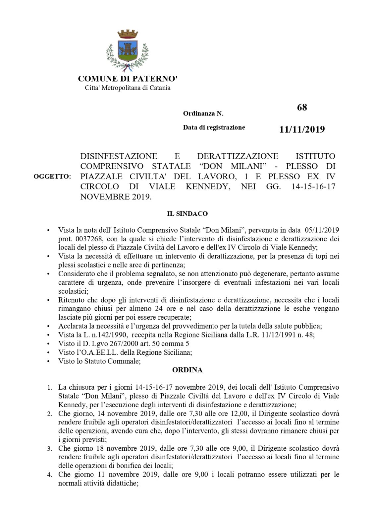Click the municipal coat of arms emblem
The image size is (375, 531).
point(128,50)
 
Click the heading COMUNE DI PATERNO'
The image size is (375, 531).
point(128,79)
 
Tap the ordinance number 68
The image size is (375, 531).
point(302,108)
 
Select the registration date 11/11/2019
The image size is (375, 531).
point(302,129)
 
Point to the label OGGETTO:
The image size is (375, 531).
point(52,177)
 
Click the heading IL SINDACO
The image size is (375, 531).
point(187,214)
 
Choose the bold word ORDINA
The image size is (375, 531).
point(187,370)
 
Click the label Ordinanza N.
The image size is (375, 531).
point(203,114)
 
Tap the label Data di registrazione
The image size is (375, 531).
point(214,127)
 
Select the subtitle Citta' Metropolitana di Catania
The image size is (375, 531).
point(128,88)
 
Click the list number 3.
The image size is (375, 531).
point(49,449)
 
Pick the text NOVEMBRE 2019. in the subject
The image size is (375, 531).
point(116,197)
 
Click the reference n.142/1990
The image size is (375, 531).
point(104,335)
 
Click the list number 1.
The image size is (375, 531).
point(49,388)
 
